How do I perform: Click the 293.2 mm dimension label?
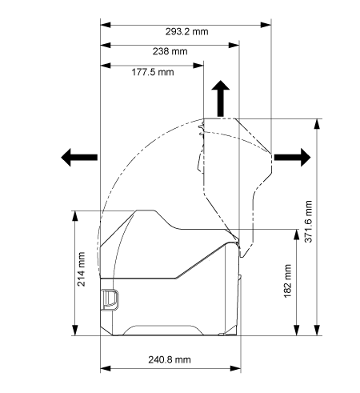[x=186, y=32]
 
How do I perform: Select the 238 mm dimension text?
[x=170, y=51]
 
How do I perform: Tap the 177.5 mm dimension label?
[x=153, y=72]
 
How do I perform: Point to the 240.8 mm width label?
[x=170, y=359]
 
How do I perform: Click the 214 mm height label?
[x=81, y=269]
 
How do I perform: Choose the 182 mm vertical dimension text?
[x=287, y=281]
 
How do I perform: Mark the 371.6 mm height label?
[x=308, y=222]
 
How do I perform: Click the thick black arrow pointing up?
[x=221, y=98]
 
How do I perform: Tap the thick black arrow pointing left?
[x=79, y=158]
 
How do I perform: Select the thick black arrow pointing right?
[x=293, y=158]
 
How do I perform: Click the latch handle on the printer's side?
[x=110, y=299]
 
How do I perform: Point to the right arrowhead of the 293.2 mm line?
[x=266, y=25]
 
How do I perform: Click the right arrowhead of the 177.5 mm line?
[x=198, y=66]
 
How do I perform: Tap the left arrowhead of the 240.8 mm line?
[x=106, y=369]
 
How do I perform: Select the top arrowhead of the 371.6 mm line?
[x=317, y=124]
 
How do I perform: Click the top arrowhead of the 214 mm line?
[x=75, y=216]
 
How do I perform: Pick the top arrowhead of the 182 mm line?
[x=297, y=235]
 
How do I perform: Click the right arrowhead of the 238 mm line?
[x=234, y=45]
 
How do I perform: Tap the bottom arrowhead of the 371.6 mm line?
[x=317, y=330]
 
